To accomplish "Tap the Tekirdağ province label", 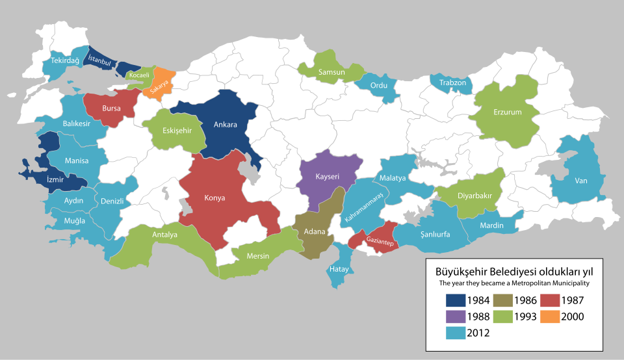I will (x=65, y=60).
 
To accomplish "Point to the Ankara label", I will (x=226, y=125).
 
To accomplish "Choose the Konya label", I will (x=215, y=198).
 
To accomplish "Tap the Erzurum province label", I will (x=508, y=112).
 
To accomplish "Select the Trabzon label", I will (x=452, y=83).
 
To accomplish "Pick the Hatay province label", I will (x=339, y=268).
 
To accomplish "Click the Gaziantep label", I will (x=378, y=240).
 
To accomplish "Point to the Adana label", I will (x=315, y=231).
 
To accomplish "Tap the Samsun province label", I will (x=331, y=72).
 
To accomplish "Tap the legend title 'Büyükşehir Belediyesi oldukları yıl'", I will (x=509, y=270).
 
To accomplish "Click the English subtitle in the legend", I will (x=509, y=283).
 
